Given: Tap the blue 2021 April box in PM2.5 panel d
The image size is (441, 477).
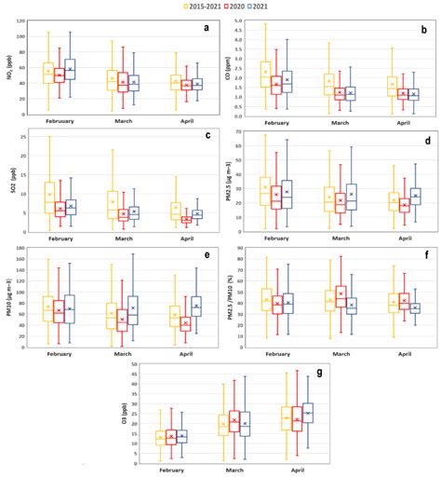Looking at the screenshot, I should click(x=415, y=196).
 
